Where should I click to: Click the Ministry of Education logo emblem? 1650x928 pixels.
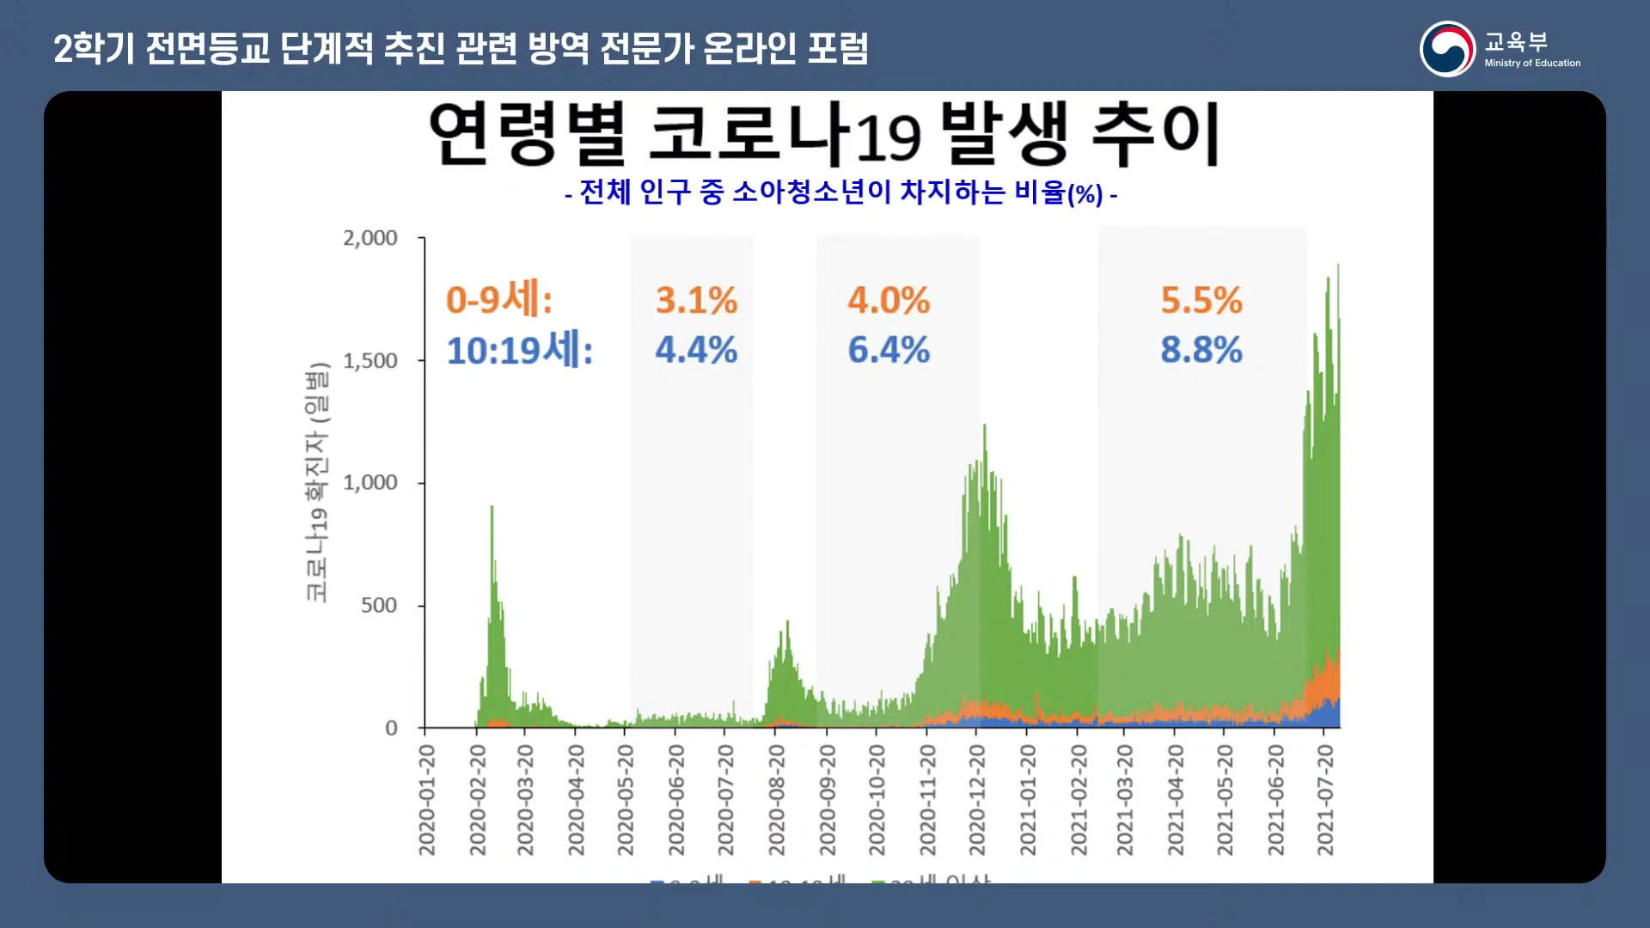(x=1447, y=49)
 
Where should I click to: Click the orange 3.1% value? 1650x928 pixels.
(x=696, y=301)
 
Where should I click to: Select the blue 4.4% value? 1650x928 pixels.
(x=696, y=351)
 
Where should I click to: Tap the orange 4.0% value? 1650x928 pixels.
(x=889, y=301)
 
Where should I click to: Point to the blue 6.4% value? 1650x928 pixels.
(x=889, y=351)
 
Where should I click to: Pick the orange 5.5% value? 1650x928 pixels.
(x=1201, y=301)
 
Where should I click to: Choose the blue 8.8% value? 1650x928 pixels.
(x=1201, y=351)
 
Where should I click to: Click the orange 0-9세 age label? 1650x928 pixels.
(x=499, y=300)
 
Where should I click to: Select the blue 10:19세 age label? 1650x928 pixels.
(x=520, y=351)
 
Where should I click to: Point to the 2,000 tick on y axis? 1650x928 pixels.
(x=370, y=238)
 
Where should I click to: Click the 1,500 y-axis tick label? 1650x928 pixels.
(x=370, y=361)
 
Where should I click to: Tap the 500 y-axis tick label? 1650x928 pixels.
(x=379, y=606)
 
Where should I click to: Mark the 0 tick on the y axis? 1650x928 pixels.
(x=391, y=729)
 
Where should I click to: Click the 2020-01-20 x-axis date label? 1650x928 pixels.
(x=427, y=800)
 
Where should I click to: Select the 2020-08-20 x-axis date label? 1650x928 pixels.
(x=777, y=800)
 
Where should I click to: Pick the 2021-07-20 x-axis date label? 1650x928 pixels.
(x=1326, y=800)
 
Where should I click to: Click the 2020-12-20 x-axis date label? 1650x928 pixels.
(x=977, y=800)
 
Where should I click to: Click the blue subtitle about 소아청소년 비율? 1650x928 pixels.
(x=840, y=192)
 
